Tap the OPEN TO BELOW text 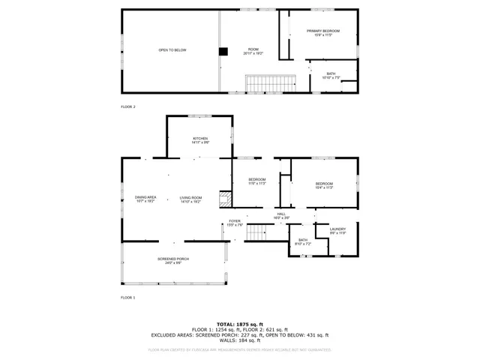pyautogui.click(x=172, y=50)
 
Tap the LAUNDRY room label pyautogui.click(x=337, y=230)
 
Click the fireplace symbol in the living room pyautogui.click(x=223, y=199)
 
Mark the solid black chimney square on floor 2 pyautogui.click(x=223, y=52)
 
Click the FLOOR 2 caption pyautogui.click(x=128, y=107)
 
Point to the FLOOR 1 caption pyautogui.click(x=128, y=298)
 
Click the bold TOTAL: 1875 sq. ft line pyautogui.click(x=239, y=324)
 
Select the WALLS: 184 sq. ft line pyautogui.click(x=239, y=340)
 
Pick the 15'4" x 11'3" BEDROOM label pyautogui.click(x=324, y=185)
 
